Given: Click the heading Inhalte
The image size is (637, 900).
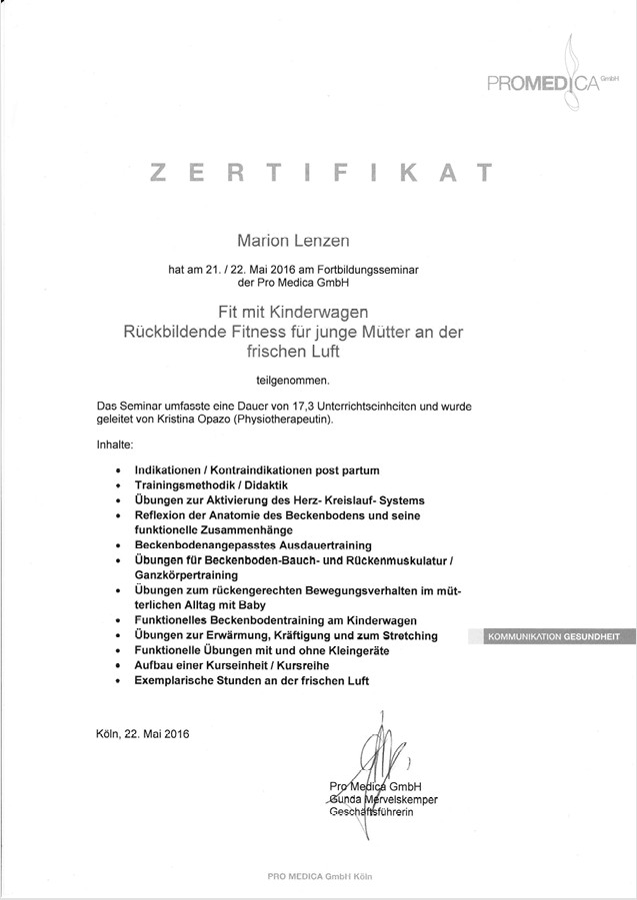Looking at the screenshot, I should pos(115,444).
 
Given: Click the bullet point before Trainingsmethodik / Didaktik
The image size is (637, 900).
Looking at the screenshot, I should pos(120,484).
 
